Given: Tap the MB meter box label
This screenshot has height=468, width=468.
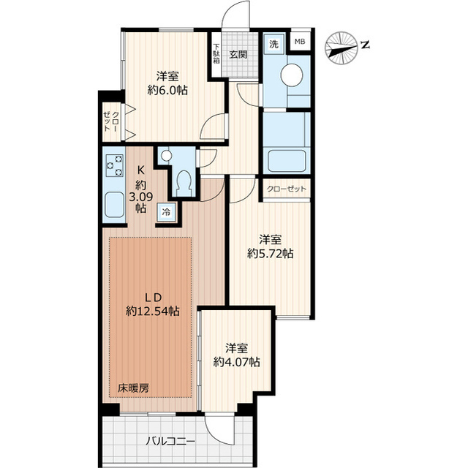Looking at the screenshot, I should (300, 42).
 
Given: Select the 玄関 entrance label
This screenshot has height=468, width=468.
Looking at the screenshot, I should (238, 53).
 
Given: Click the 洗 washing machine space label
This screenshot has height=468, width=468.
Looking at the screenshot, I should (273, 44).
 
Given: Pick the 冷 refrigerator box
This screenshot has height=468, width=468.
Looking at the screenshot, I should (166, 211).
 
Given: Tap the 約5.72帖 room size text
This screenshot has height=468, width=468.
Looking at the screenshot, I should (270, 254).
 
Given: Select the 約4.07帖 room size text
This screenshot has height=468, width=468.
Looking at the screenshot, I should (236, 361).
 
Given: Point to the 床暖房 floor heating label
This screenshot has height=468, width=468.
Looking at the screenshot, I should (134, 388).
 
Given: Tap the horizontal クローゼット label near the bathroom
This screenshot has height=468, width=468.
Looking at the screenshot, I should (287, 189).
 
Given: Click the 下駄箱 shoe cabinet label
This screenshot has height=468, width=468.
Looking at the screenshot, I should (217, 53).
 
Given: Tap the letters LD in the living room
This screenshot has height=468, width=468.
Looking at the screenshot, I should (152, 297).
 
